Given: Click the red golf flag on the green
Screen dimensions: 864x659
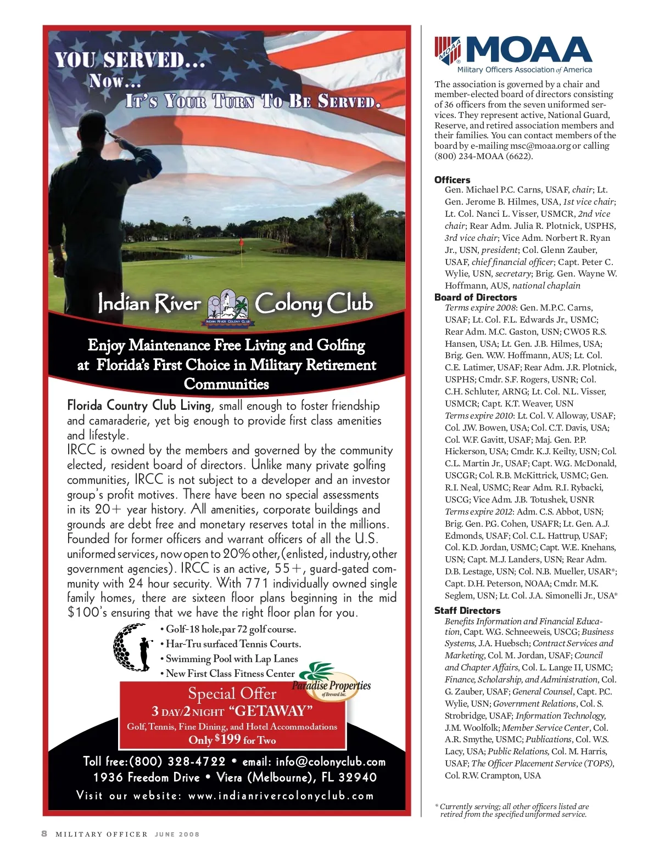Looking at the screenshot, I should (241, 242).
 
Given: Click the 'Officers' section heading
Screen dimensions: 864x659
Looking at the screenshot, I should (452, 180).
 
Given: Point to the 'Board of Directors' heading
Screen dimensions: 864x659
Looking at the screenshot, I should (475, 297).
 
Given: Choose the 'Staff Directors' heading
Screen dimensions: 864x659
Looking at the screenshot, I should (467, 611).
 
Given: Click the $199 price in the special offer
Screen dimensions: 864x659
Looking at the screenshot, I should (228, 739).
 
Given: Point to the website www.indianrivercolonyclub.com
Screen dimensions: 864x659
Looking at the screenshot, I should (281, 796).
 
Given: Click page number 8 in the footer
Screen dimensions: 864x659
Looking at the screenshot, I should (44, 834).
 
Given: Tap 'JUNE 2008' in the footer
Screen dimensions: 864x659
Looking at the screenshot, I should (177, 834).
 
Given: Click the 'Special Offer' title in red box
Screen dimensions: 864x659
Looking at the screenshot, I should (232, 694).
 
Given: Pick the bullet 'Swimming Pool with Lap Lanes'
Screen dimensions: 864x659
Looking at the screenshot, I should (232, 659).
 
